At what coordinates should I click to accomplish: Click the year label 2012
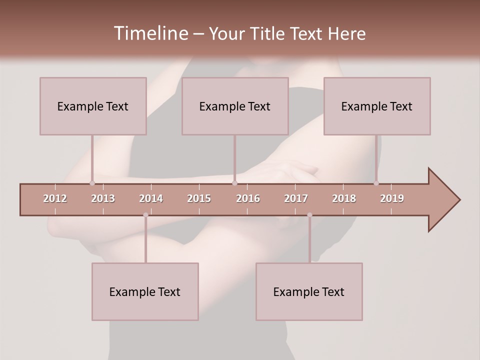[55, 198]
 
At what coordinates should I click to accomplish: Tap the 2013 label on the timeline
[103, 198]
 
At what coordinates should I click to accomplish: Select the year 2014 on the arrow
[151, 198]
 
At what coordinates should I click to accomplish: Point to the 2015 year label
[199, 198]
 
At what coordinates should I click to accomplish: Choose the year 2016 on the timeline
[248, 198]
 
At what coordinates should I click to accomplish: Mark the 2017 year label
[296, 198]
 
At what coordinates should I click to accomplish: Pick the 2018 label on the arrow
[344, 198]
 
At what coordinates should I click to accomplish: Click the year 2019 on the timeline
[392, 198]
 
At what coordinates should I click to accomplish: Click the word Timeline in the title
[150, 33]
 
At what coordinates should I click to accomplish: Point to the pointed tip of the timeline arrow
[459, 200]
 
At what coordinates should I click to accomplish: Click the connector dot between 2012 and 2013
[92, 183]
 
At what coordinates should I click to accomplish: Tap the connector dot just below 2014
[145, 215]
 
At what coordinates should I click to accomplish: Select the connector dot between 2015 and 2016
[234, 183]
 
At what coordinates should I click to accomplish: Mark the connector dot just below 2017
[309, 215]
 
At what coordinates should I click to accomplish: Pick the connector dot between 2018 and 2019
[376, 183]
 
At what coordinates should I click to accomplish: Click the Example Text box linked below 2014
[145, 291]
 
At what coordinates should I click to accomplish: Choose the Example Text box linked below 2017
[309, 291]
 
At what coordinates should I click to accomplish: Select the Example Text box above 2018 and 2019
[377, 106]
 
